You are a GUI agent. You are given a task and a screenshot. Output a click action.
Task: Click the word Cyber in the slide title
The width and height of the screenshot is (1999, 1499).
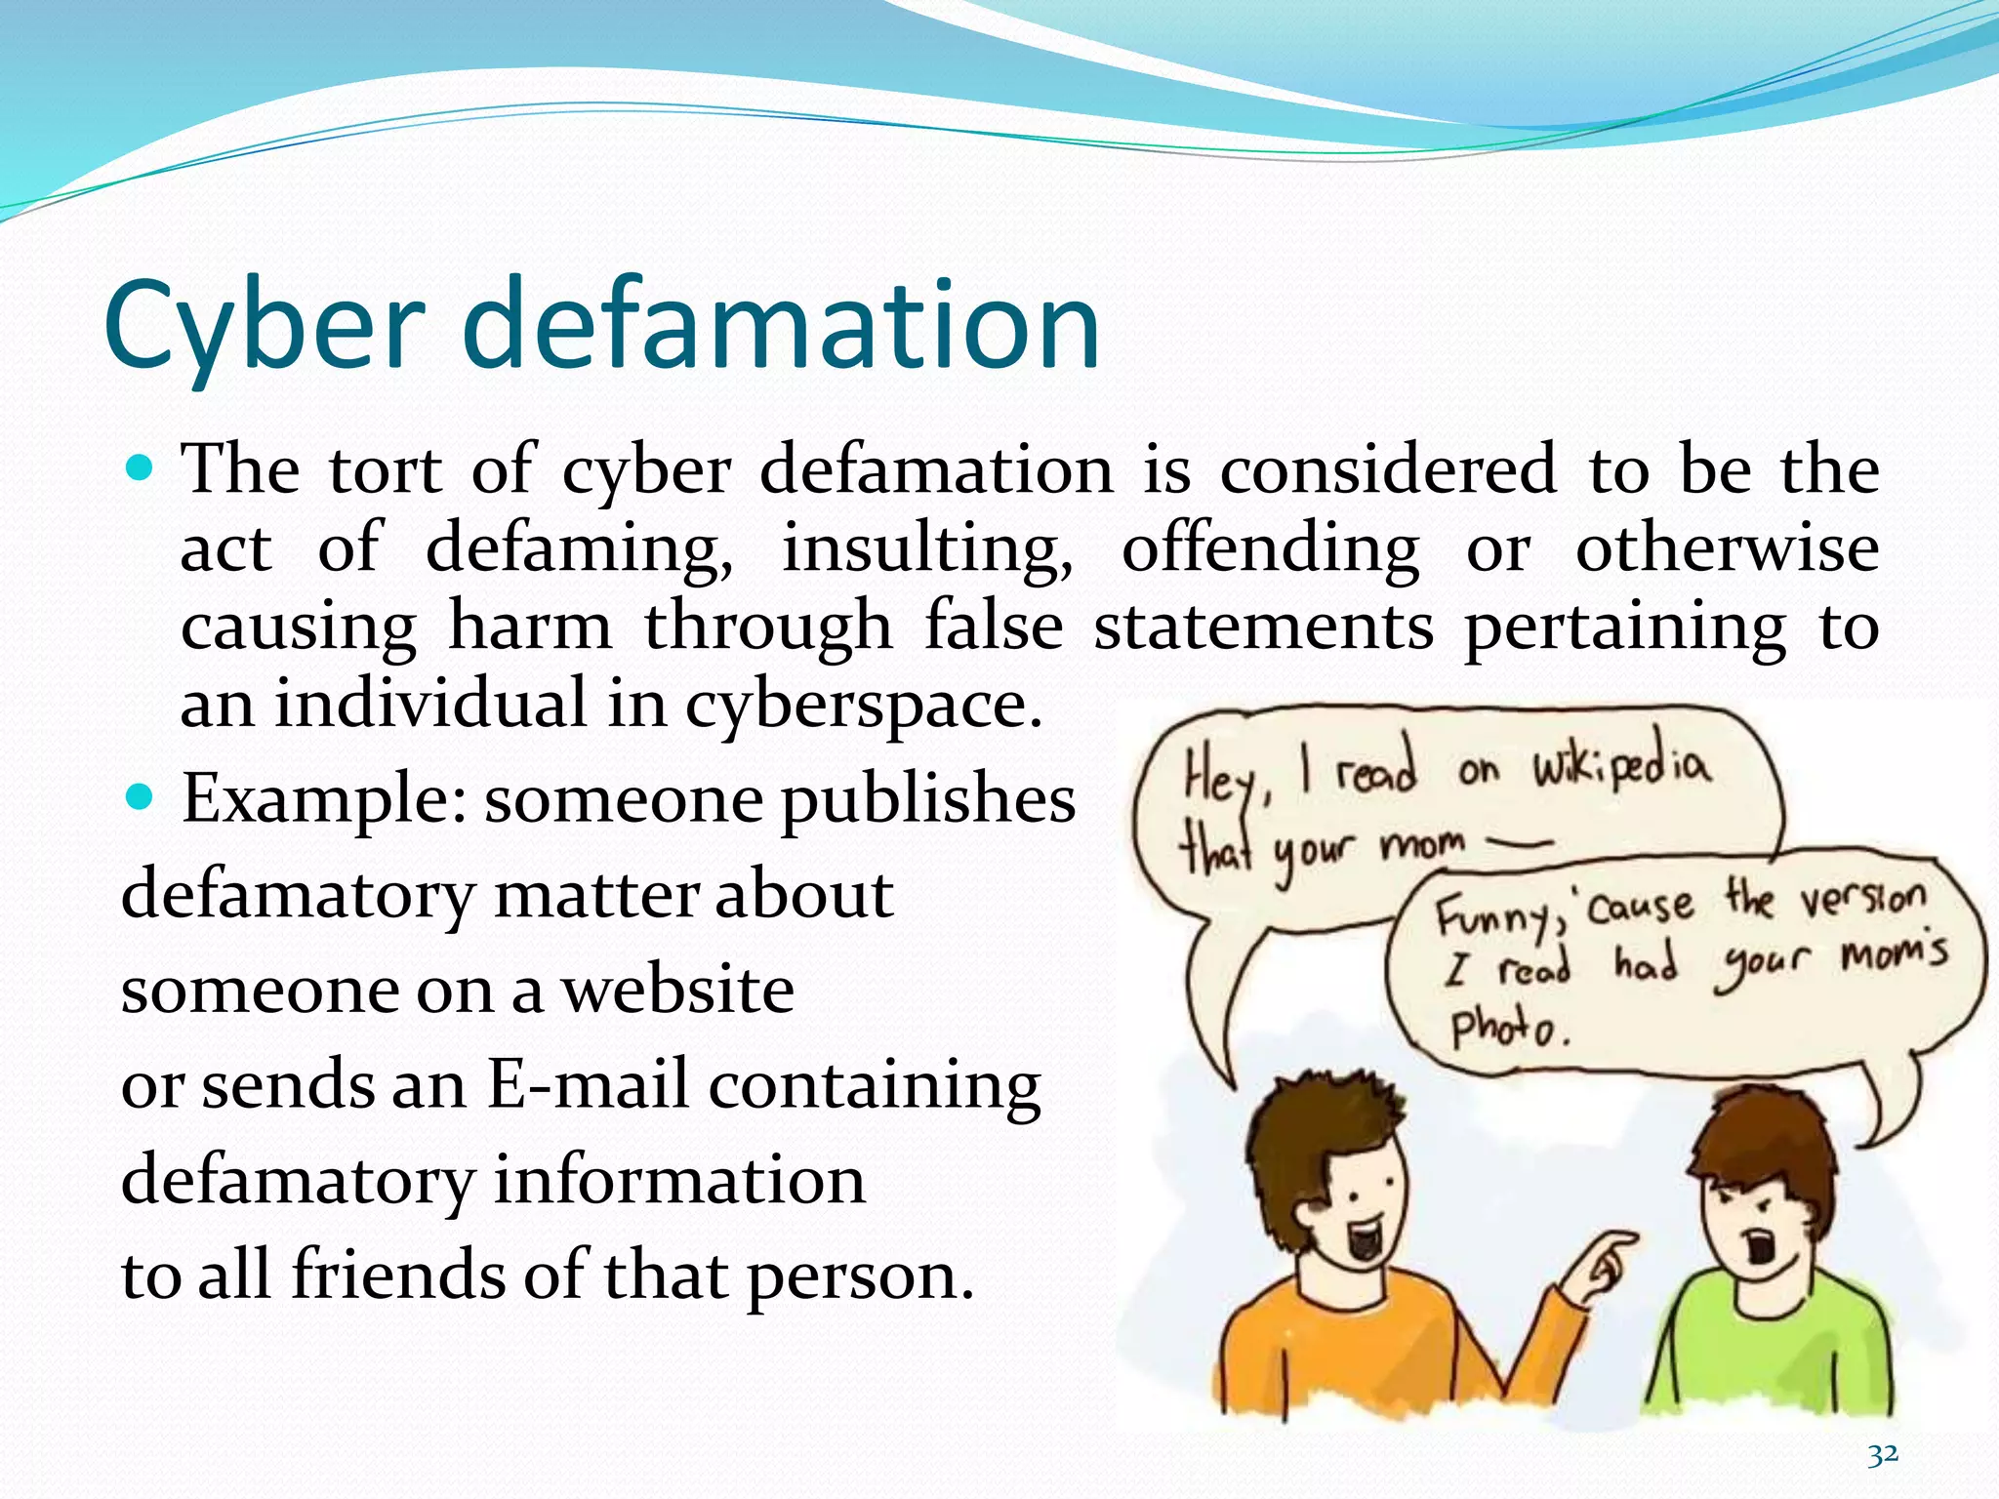[x=264, y=327]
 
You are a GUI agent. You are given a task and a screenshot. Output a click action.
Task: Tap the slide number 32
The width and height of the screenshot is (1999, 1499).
[x=1883, y=1455]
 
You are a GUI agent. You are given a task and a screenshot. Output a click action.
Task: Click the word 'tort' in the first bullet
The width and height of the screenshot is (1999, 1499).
[x=386, y=471]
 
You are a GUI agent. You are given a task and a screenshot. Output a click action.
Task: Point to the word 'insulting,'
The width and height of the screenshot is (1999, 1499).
[x=927, y=549]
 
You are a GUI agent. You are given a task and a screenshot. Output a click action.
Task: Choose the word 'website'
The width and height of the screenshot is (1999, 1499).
[x=677, y=992]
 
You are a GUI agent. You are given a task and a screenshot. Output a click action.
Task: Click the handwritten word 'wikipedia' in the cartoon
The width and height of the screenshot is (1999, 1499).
[x=1620, y=767]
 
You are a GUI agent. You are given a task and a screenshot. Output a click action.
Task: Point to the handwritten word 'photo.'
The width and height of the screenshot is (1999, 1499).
[x=1508, y=1029]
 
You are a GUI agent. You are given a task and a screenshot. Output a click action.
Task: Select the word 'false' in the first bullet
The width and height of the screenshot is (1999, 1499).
[x=993, y=628]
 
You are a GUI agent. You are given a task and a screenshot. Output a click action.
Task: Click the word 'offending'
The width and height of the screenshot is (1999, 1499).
[x=1270, y=549]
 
